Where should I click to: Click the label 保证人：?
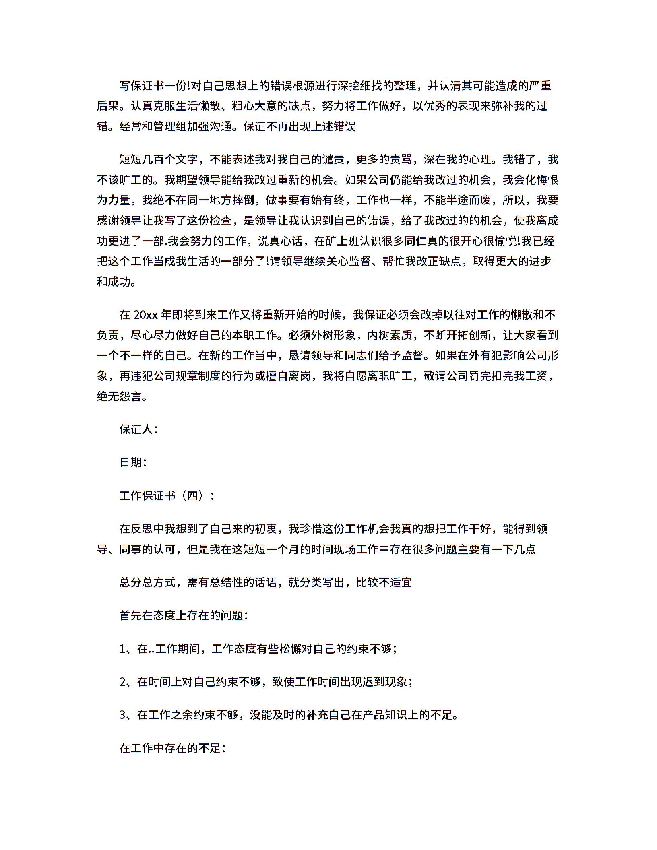(138, 430)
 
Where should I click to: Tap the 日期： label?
(133, 463)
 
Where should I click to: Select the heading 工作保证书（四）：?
(167, 496)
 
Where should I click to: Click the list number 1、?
(128, 649)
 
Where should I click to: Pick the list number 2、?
(128, 682)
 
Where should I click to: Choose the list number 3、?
(128, 715)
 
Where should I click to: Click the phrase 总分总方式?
(147, 583)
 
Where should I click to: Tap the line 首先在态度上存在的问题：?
(184, 616)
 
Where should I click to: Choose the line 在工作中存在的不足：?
(172, 748)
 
